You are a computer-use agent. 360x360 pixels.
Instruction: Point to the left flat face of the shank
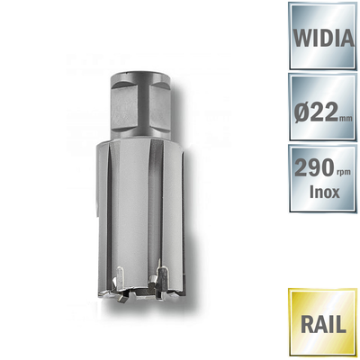(x=123, y=103)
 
